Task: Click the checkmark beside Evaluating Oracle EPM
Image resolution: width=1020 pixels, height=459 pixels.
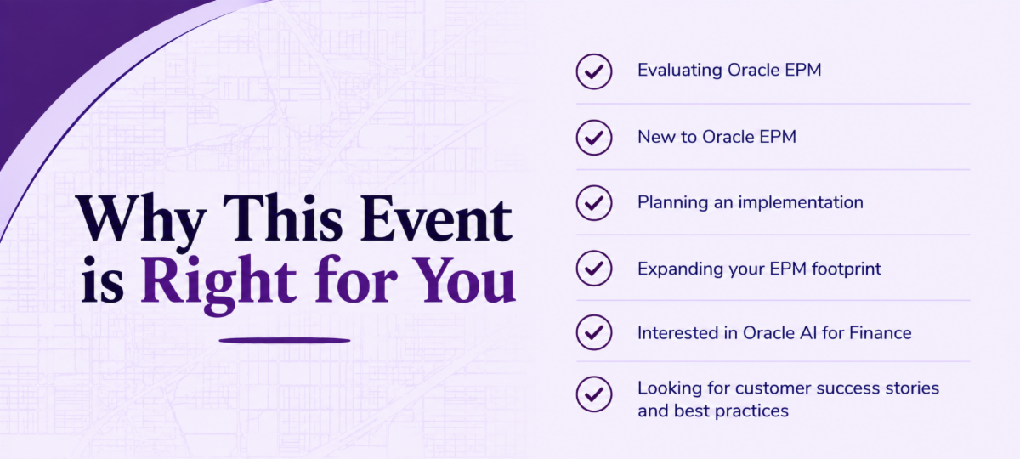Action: (x=594, y=71)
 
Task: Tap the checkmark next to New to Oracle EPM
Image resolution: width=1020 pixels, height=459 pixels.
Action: (x=594, y=138)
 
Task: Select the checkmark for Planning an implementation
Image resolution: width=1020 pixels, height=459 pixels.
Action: (x=594, y=202)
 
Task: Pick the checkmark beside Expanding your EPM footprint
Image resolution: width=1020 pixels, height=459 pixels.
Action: (x=594, y=269)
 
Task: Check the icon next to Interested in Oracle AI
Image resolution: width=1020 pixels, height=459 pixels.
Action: (x=594, y=332)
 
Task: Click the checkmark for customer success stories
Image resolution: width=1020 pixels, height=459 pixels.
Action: (x=594, y=394)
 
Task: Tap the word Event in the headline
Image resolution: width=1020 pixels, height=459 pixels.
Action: (x=436, y=218)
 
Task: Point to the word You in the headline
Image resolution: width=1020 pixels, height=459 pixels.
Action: (x=464, y=280)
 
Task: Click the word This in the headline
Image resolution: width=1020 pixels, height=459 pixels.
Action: (x=282, y=218)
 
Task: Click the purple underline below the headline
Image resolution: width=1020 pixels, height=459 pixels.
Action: (x=285, y=340)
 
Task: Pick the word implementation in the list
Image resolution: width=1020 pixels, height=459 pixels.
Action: (x=801, y=202)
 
